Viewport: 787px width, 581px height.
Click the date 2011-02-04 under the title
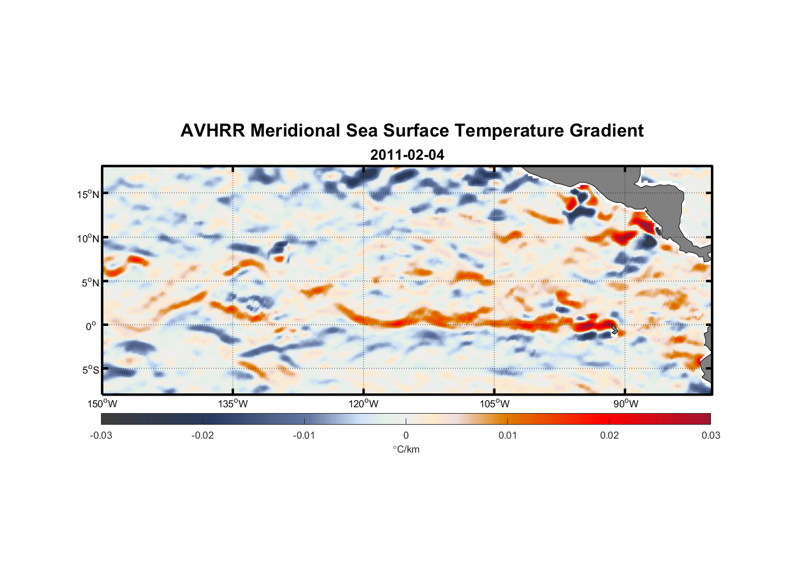[x=407, y=155]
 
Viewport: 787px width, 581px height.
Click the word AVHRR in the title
[x=212, y=131]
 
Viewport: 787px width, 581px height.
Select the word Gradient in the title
[x=606, y=131]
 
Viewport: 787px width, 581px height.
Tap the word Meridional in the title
[x=295, y=131]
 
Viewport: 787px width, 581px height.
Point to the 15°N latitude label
[x=88, y=194]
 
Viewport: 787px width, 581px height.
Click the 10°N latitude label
[x=88, y=238]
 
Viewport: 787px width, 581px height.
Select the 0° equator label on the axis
[x=91, y=326]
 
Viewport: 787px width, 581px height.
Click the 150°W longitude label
[x=102, y=404]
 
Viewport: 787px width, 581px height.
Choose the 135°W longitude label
[x=233, y=404]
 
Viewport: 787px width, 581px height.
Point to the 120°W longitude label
[x=363, y=404]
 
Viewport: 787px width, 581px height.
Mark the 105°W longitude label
[x=494, y=404]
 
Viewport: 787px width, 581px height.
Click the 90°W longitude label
[x=626, y=404]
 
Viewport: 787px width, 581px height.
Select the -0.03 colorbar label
[x=101, y=435]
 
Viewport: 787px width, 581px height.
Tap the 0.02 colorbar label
[x=609, y=435]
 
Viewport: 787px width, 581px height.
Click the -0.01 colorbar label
[x=304, y=435]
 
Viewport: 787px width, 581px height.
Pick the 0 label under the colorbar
[x=406, y=435]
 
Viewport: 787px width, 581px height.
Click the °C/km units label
[x=406, y=449]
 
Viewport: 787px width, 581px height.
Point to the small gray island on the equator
[x=615, y=329]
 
